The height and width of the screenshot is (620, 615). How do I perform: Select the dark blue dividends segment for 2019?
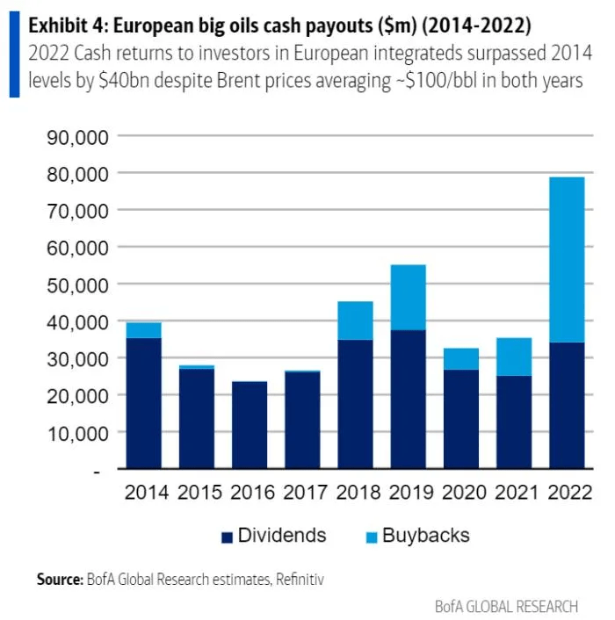[408, 400]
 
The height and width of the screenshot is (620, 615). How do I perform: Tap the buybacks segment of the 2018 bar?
[355, 321]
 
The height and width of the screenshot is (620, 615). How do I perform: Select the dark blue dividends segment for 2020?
[461, 420]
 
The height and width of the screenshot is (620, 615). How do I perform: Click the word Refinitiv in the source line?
[299, 580]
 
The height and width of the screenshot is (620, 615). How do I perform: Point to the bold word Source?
[59, 580]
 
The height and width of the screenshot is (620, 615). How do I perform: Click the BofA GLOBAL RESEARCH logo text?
[507, 606]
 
